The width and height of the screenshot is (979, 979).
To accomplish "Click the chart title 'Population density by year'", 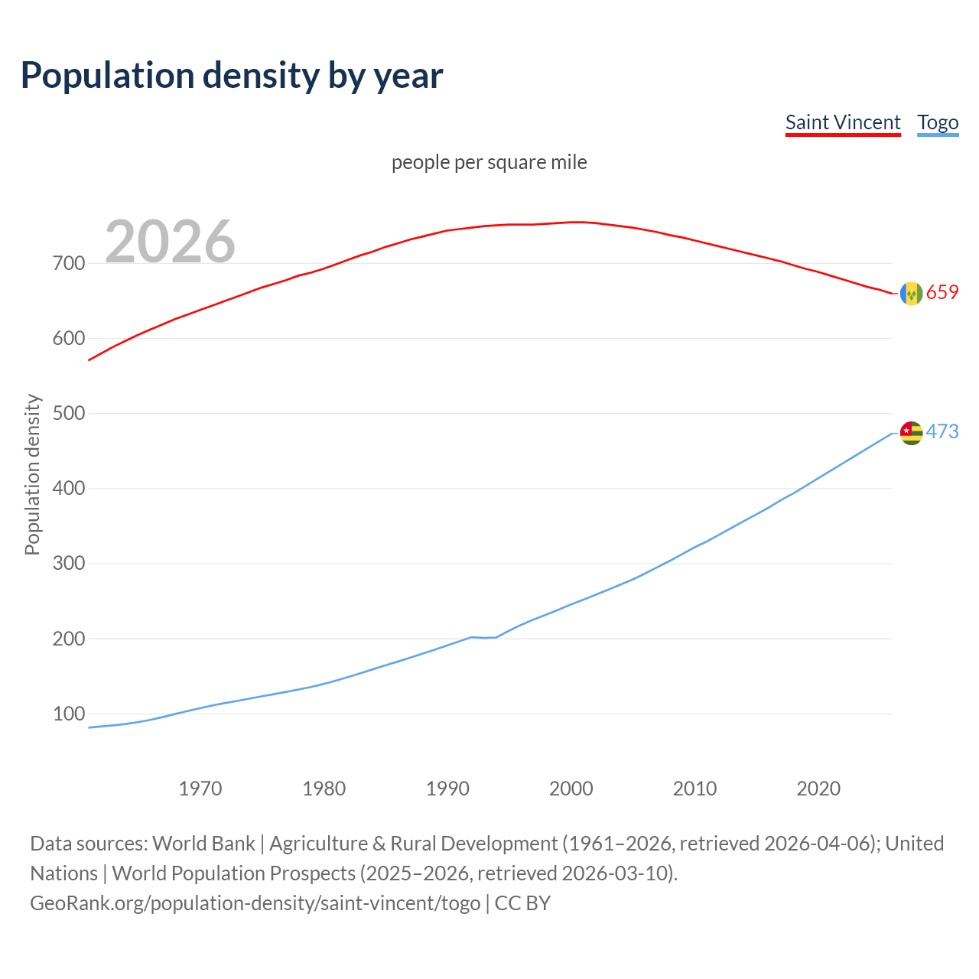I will pyautogui.click(x=232, y=76).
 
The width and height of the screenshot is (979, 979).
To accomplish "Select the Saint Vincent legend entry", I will pyautogui.click(x=843, y=122).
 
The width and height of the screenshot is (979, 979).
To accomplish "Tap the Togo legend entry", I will pyautogui.click(x=938, y=122).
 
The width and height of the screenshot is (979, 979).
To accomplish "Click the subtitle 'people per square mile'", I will pyautogui.click(x=489, y=162).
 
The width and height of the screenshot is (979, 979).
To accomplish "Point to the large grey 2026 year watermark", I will pyautogui.click(x=170, y=242).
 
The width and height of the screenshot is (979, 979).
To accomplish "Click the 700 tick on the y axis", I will pyautogui.click(x=69, y=264).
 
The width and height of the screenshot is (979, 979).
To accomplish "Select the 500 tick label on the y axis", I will pyautogui.click(x=69, y=414).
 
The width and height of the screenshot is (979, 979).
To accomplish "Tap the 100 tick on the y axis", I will pyautogui.click(x=69, y=714).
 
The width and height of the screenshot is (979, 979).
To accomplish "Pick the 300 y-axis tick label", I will pyautogui.click(x=69, y=564).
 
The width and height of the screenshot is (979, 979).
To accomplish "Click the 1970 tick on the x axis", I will pyautogui.click(x=200, y=789).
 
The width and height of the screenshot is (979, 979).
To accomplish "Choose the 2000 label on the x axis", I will pyautogui.click(x=571, y=789).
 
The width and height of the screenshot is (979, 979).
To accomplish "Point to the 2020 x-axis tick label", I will pyautogui.click(x=818, y=789).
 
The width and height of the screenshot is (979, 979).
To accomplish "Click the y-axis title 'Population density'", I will pyautogui.click(x=32, y=474).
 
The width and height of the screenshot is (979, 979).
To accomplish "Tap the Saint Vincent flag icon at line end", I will pyautogui.click(x=911, y=294).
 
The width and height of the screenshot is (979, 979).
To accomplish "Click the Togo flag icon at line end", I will pyautogui.click(x=911, y=433).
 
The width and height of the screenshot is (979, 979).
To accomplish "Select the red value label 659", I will pyautogui.click(x=942, y=293).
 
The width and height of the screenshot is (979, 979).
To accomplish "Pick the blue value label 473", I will pyautogui.click(x=942, y=432).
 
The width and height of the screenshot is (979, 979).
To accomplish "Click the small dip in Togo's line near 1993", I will pyautogui.click(x=485, y=637).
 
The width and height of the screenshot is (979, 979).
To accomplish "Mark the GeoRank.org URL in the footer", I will pyautogui.click(x=255, y=903).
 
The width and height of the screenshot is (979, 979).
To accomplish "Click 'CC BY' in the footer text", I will pyautogui.click(x=522, y=903).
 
